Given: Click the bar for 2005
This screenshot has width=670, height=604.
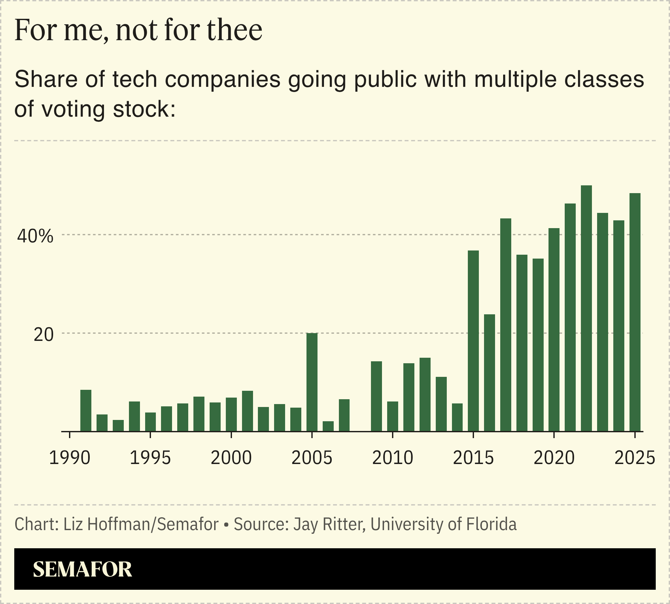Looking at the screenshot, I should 312,382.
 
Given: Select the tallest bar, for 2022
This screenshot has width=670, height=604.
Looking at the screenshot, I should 586,308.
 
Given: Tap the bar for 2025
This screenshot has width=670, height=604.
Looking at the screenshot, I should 635,312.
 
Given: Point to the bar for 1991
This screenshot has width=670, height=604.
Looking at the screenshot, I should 86,411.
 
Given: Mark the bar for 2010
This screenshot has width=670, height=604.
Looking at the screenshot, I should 393,416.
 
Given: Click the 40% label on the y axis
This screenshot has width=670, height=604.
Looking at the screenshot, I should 35,237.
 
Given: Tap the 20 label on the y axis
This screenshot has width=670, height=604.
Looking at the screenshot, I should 43,335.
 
